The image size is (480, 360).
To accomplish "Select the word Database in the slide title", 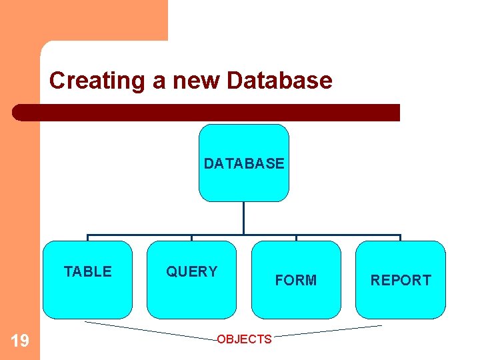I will click(x=279, y=81).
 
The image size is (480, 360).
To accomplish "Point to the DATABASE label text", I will click(x=244, y=163).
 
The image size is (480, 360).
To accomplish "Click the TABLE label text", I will click(x=87, y=271).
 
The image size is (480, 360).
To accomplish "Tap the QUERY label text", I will click(x=191, y=271).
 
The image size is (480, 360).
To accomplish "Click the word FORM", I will click(x=296, y=281).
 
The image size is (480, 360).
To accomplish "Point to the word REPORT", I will click(x=401, y=281).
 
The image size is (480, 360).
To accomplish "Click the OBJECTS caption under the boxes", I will click(x=244, y=339).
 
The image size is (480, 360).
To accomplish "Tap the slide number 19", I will click(x=20, y=341).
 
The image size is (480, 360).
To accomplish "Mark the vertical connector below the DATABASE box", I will click(x=244, y=218).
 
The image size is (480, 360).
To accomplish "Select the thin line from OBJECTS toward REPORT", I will click(x=327, y=331).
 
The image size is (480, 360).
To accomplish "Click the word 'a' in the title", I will click(x=161, y=81).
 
